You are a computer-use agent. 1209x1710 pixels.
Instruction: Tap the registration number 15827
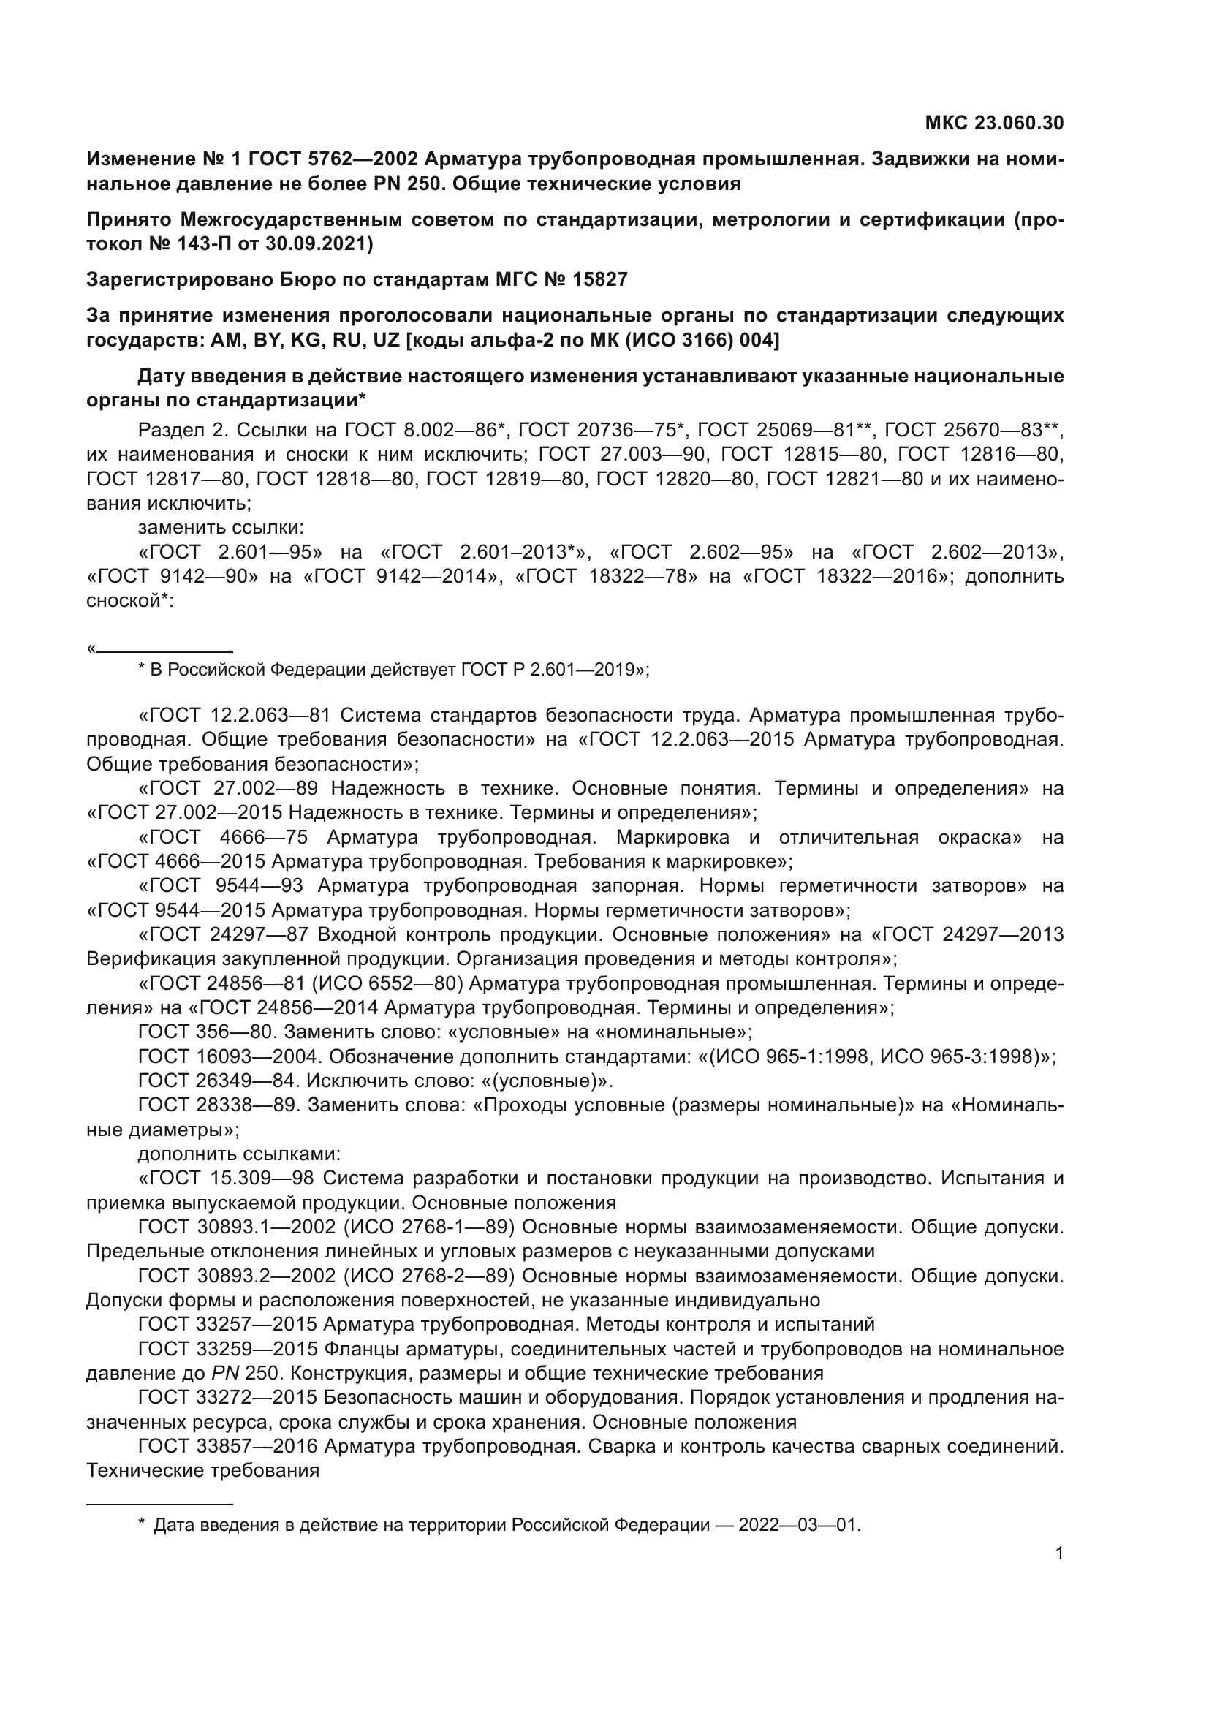point(600,279)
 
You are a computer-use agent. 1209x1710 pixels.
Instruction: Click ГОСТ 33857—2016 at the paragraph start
point(228,1445)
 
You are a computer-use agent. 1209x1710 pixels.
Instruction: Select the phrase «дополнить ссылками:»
point(239,1154)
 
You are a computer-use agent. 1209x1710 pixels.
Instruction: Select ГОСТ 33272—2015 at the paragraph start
point(228,1397)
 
